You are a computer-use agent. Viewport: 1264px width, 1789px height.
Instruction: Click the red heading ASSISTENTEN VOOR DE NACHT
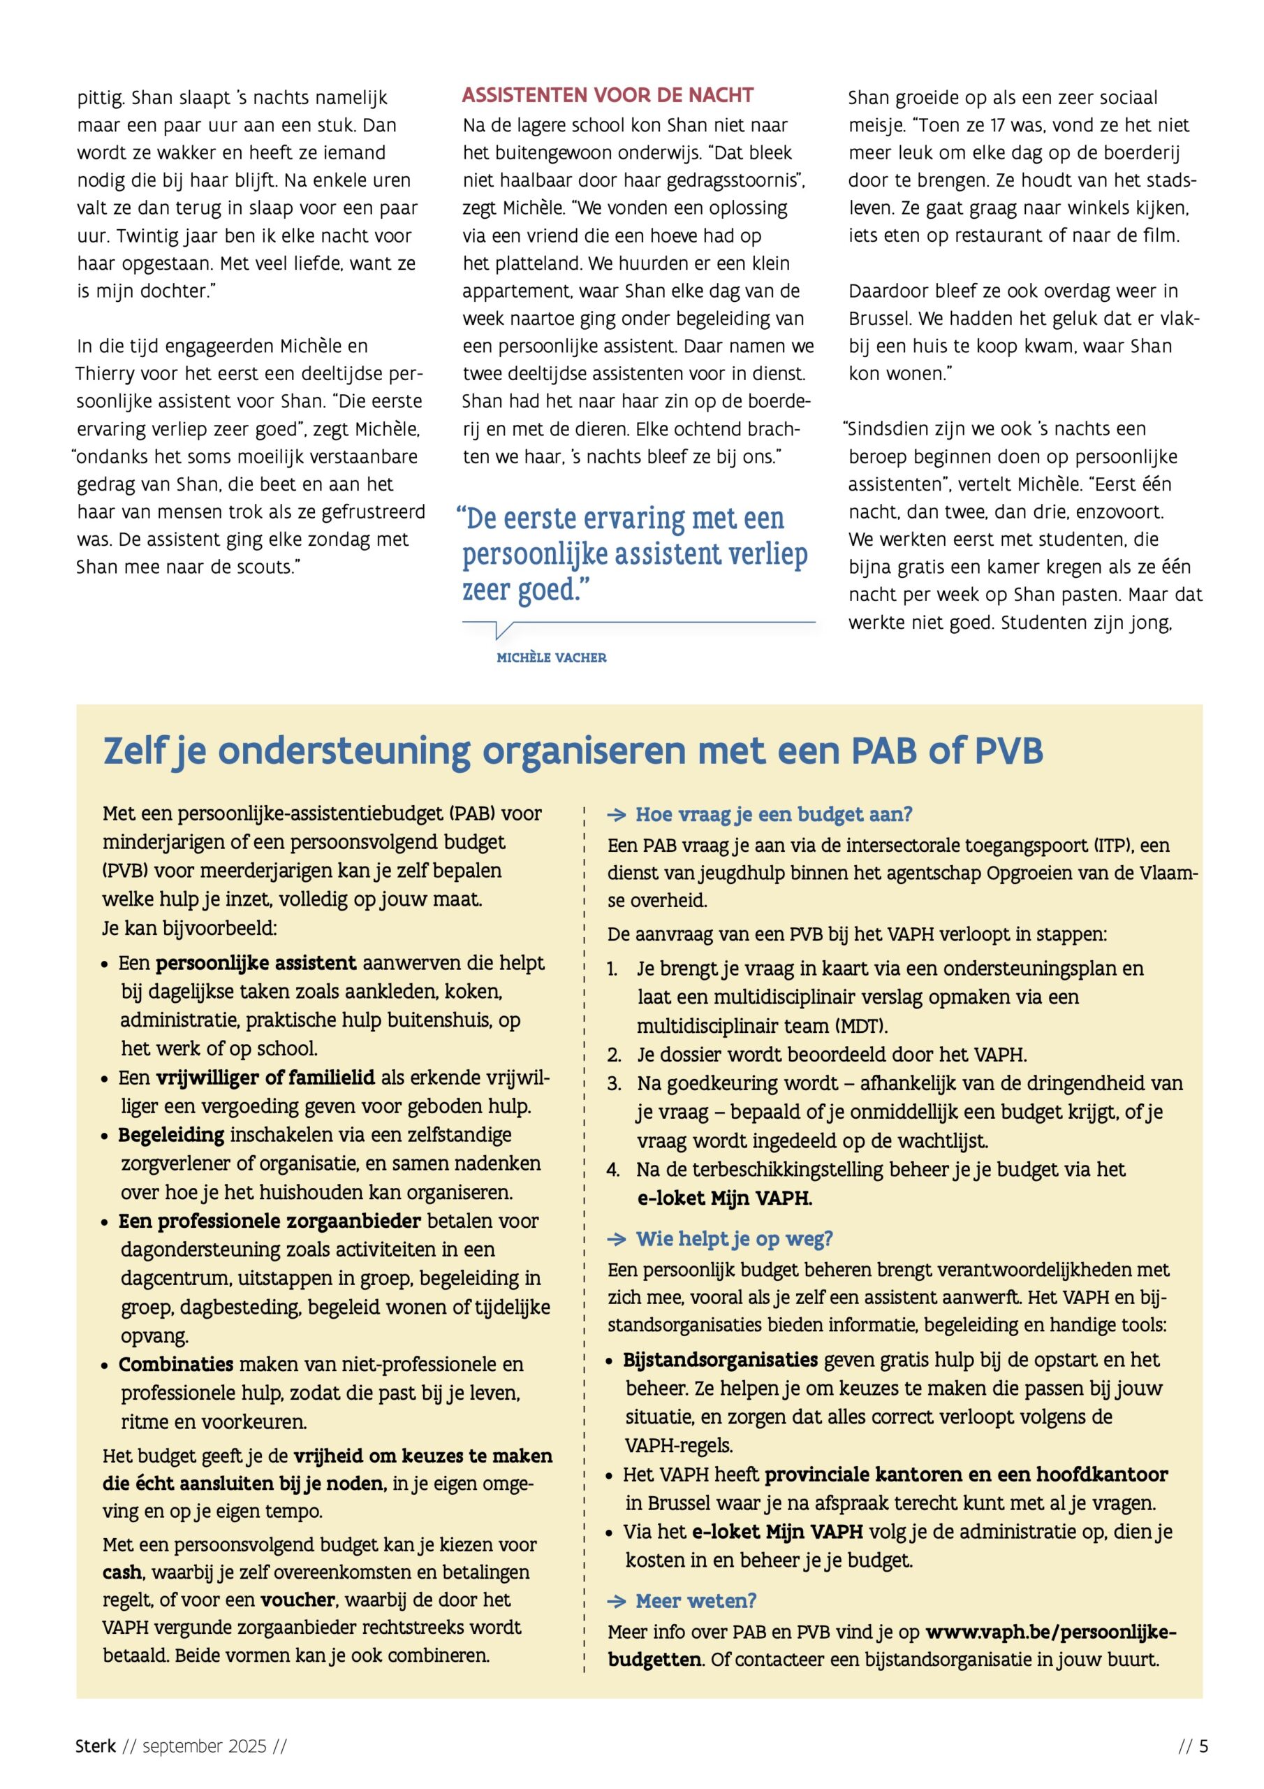pyautogui.click(x=608, y=95)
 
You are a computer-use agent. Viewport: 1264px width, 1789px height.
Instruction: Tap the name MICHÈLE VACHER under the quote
pyautogui.click(x=552, y=658)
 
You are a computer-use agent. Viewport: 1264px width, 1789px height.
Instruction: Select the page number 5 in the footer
pyautogui.click(x=1204, y=1747)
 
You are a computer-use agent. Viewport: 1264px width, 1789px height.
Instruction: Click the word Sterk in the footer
pyautogui.click(x=95, y=1747)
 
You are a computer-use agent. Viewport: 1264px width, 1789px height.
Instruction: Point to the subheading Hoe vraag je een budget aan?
pyautogui.click(x=773, y=814)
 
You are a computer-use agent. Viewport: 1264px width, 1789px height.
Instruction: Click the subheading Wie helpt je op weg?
pyautogui.click(x=734, y=1239)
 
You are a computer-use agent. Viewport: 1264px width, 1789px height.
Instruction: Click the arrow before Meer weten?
pyautogui.click(x=617, y=1602)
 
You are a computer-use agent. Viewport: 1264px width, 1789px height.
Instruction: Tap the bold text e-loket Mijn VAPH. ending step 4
pyautogui.click(x=724, y=1198)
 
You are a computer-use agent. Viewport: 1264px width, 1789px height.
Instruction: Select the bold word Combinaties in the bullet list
pyautogui.click(x=176, y=1364)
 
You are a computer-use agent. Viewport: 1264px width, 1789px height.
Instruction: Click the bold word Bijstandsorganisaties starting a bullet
pyautogui.click(x=721, y=1360)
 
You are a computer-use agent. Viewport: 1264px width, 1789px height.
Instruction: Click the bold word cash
pyautogui.click(x=122, y=1572)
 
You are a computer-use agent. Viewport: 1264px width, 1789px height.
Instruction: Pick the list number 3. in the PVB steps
pyautogui.click(x=615, y=1084)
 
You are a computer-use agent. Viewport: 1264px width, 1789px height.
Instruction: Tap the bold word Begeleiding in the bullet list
pyautogui.click(x=171, y=1136)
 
